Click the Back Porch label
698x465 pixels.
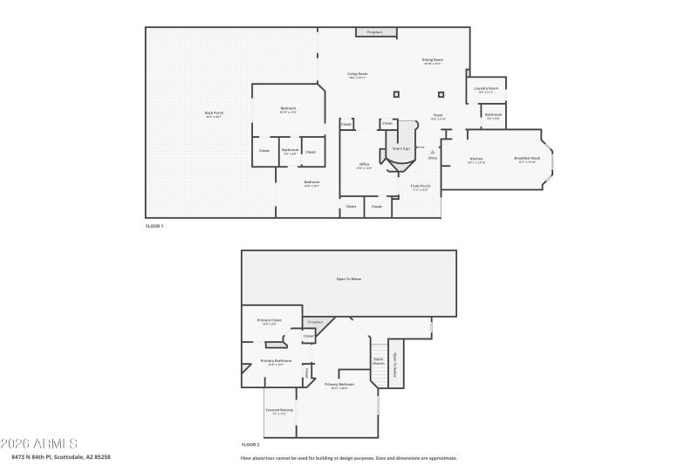(215, 113)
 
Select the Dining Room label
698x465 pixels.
(432, 61)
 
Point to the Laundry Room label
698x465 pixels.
(487, 89)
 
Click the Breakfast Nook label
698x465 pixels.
(529, 160)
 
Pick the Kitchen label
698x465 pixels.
(476, 160)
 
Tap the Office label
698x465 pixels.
(365, 165)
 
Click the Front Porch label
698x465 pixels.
(420, 187)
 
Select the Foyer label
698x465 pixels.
(438, 117)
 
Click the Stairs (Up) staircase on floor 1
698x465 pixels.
(401, 149)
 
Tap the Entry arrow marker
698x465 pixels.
(432, 152)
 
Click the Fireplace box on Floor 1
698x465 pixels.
(377, 32)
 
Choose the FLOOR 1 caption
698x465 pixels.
(154, 227)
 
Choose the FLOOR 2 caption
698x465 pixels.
(250, 444)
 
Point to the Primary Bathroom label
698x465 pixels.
(276, 362)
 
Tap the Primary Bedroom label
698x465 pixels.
(339, 385)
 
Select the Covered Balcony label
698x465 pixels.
(279, 411)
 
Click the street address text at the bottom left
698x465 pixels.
(61, 456)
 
